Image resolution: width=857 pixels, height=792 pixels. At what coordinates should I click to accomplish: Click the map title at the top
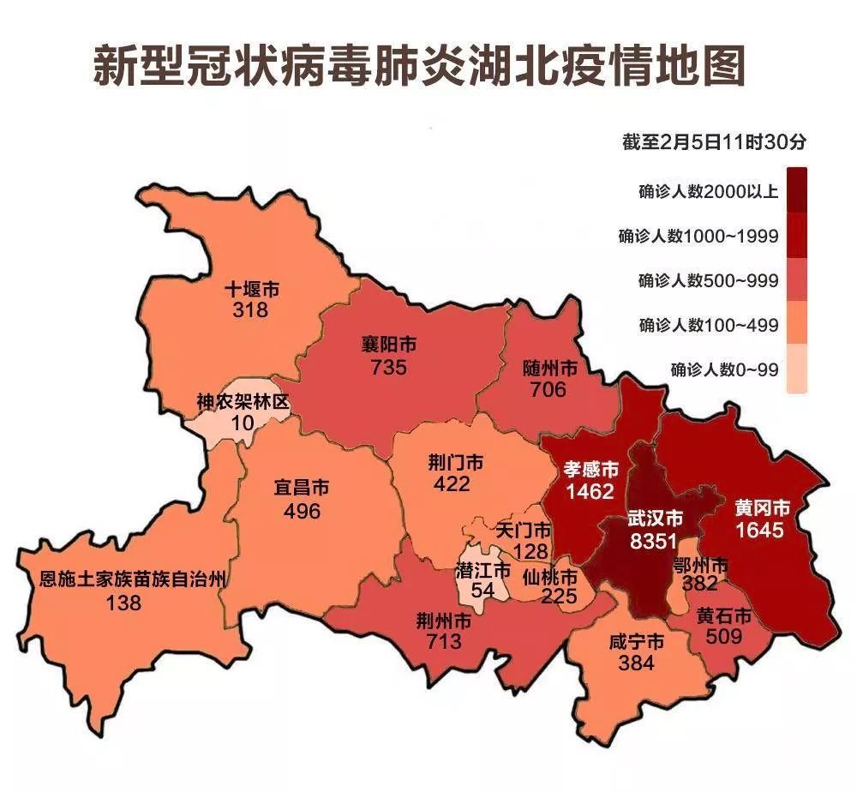pos(418,66)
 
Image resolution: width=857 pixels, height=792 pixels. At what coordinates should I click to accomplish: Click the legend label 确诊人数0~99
pos(724,370)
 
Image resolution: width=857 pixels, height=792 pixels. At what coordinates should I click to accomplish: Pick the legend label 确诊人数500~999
pos(708,280)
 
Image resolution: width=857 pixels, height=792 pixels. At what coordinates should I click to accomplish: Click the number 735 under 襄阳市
pos(388,367)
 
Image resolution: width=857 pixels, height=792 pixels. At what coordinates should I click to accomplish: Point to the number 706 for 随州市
pos(548,390)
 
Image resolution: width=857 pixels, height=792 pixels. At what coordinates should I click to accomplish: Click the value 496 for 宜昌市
pos(302,511)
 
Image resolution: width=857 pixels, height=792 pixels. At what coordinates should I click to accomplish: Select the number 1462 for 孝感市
pos(590,491)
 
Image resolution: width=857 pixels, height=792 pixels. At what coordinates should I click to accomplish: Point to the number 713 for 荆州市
pos(443,640)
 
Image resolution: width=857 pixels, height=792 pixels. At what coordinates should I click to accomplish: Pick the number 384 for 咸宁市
pos(636,663)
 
